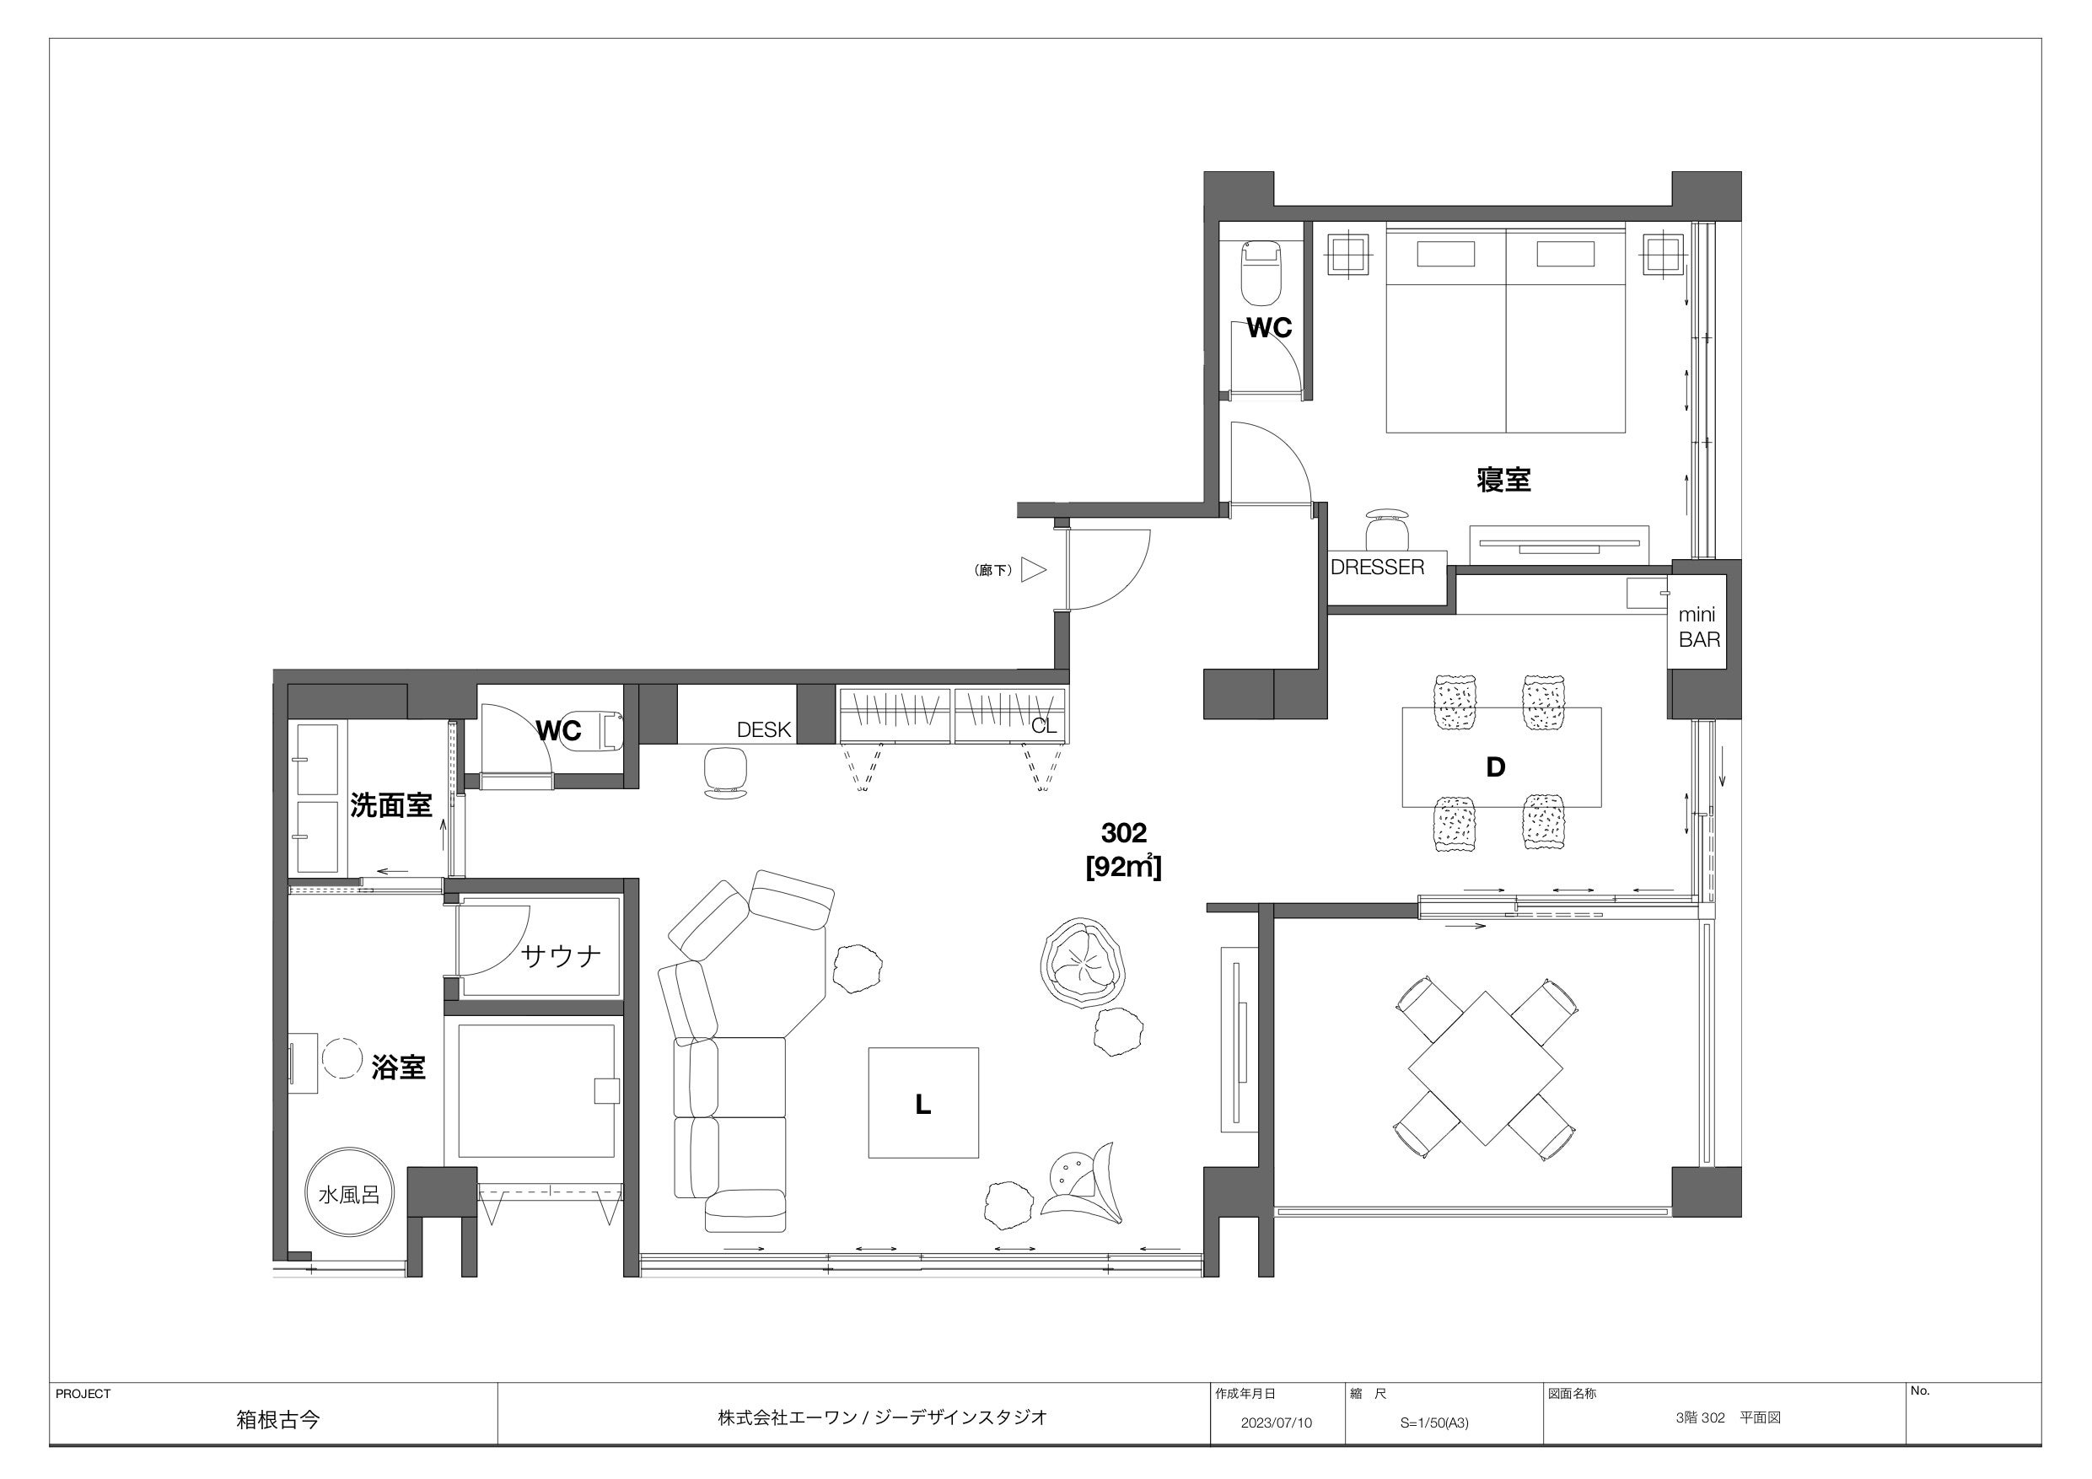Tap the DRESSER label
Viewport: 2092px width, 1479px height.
1377,567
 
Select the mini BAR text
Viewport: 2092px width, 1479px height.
1699,628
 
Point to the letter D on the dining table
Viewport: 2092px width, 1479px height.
1495,767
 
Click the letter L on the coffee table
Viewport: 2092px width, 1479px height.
923,1105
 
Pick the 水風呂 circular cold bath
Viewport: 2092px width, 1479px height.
349,1195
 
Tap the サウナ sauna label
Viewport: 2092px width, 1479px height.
562,956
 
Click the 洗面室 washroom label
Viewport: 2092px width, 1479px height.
391,805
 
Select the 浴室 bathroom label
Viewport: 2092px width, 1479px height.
398,1068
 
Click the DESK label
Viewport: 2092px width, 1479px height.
764,730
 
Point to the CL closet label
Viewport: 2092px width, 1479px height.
1044,726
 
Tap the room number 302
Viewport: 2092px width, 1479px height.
1123,833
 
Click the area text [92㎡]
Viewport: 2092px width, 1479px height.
1123,867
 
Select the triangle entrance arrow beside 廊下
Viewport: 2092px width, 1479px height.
1033,571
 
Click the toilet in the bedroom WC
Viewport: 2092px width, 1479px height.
1261,272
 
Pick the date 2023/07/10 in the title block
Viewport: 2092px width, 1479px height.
1277,1423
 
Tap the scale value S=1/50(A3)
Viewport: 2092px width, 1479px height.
1435,1423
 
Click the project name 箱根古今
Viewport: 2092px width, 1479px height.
278,1420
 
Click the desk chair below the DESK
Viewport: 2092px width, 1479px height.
726,772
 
